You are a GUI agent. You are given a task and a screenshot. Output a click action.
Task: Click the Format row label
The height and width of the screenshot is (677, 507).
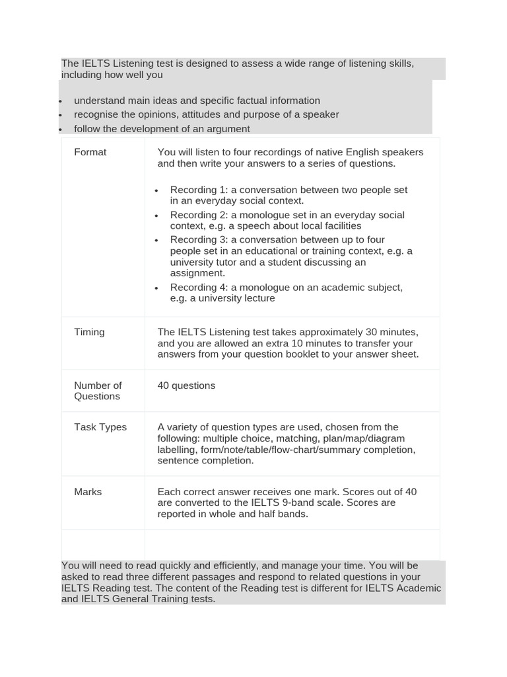pos(90,152)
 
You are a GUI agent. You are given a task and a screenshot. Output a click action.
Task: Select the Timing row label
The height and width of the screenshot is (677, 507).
pos(89,332)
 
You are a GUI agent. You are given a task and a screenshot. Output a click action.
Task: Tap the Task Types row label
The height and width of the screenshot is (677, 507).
pos(100,427)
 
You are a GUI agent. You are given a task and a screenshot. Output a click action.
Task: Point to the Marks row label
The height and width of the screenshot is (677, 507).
pos(88,492)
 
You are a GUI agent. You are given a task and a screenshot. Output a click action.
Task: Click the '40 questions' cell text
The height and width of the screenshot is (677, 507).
pos(186,385)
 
